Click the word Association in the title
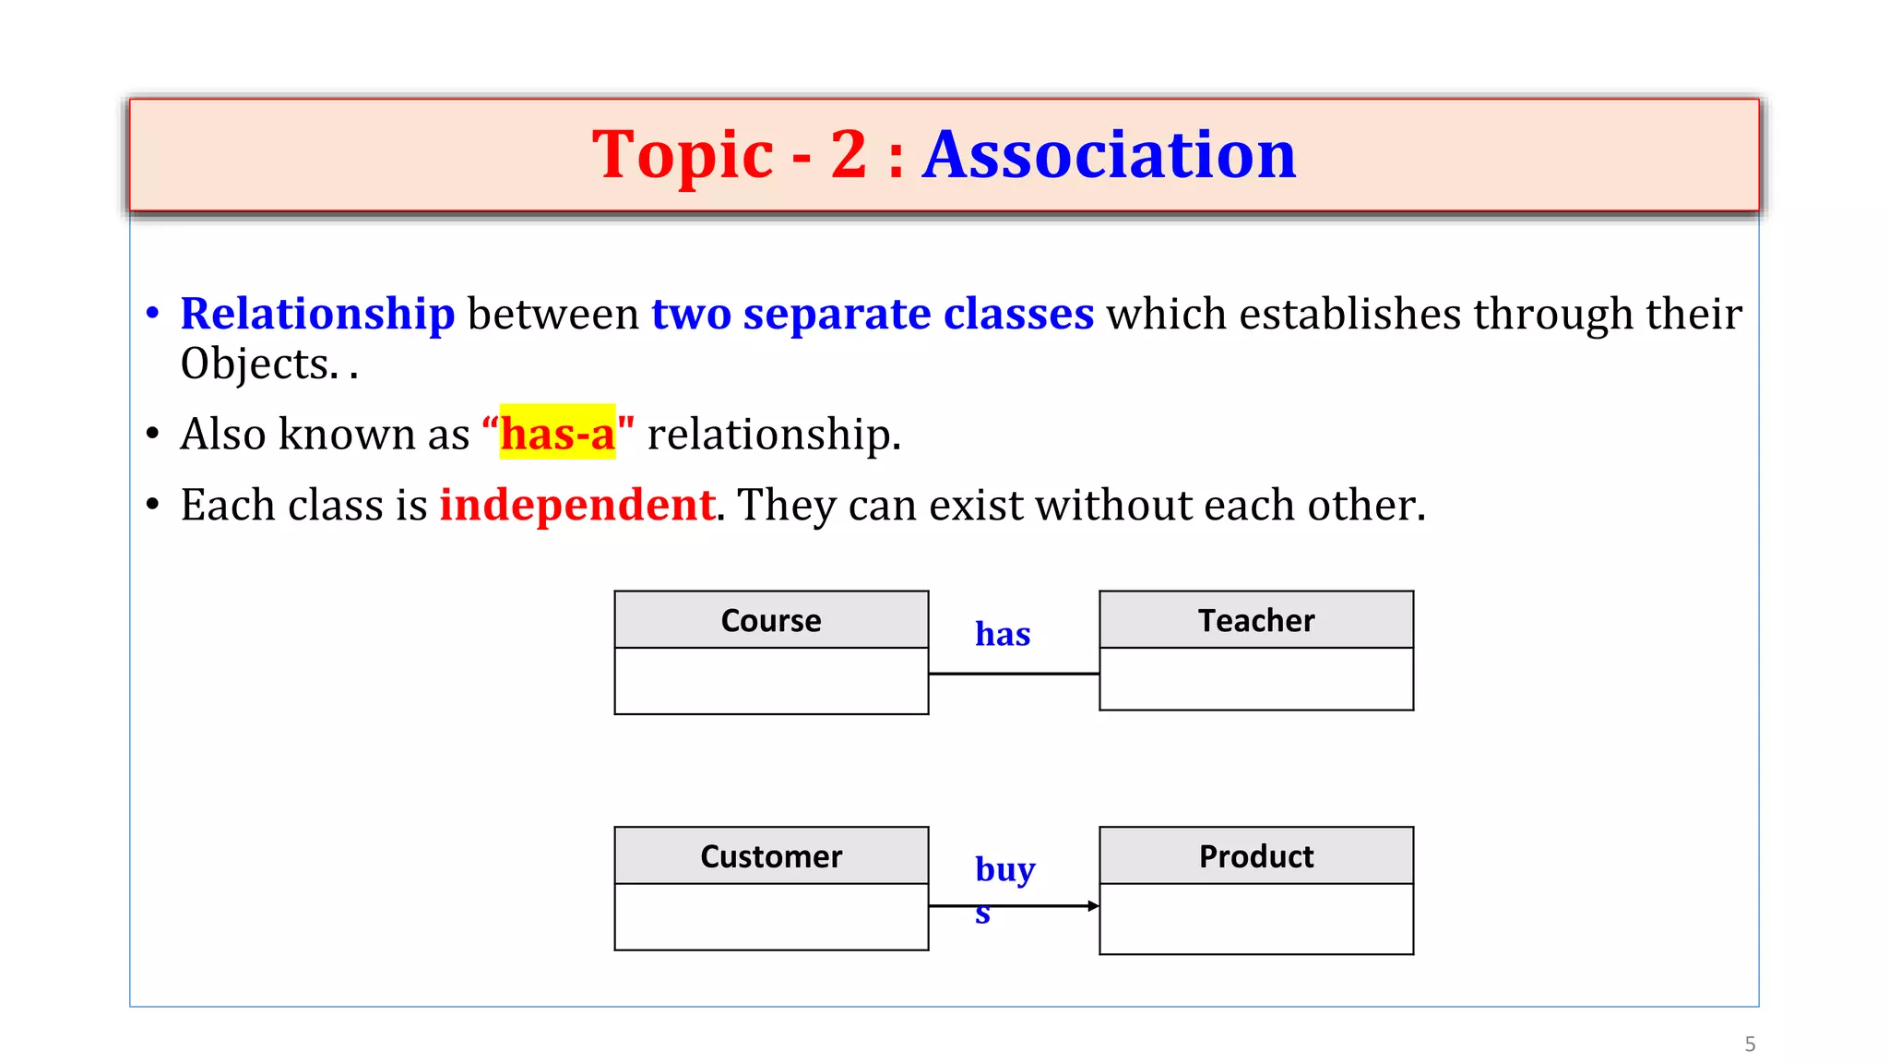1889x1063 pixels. point(1109,154)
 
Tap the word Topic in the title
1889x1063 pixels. point(683,154)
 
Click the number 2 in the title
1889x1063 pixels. point(849,154)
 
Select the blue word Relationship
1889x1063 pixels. point(317,314)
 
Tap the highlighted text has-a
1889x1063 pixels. point(557,434)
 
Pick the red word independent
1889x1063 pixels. point(576,505)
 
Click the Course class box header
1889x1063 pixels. point(771,620)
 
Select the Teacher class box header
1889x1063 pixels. point(1255,620)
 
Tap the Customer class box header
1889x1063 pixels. point(771,856)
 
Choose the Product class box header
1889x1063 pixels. point(1255,856)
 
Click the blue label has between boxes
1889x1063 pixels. point(1003,634)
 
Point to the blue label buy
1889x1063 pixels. point(1004,869)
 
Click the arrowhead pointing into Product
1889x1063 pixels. point(1093,906)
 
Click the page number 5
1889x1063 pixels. point(1750,1045)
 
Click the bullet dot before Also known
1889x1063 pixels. point(153,434)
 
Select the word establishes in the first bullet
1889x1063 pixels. point(1349,314)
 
